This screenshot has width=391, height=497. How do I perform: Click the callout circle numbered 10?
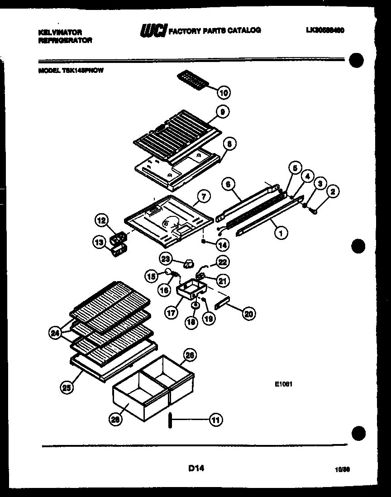click(223, 93)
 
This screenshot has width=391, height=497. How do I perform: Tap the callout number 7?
click(204, 196)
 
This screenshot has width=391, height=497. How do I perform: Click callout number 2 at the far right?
click(333, 192)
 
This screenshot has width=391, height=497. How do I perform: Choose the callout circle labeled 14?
click(222, 244)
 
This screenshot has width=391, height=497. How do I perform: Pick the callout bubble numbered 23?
click(166, 258)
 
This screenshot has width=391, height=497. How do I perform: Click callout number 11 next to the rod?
click(215, 420)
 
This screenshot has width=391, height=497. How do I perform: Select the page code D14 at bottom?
click(196, 469)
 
